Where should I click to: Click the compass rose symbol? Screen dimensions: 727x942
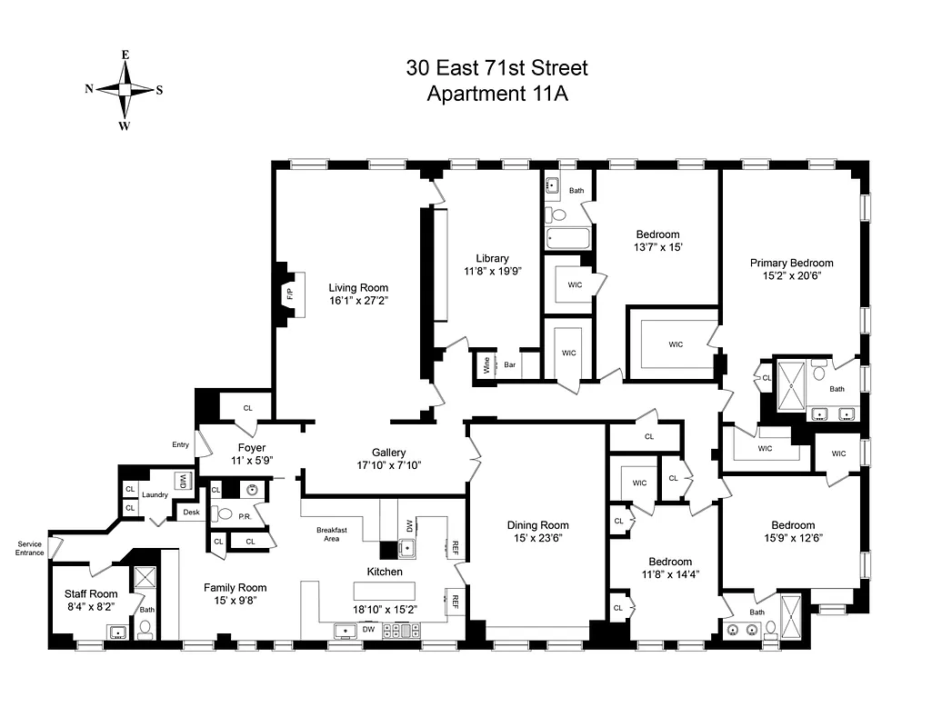click(125, 89)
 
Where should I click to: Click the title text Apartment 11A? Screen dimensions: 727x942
click(497, 94)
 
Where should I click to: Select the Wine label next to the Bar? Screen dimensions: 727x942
click(486, 366)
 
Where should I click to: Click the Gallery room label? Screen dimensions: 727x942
click(388, 452)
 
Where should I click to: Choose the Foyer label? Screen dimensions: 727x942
click(251, 447)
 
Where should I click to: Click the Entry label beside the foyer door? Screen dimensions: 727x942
click(180, 444)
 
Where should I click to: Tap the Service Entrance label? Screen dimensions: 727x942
click(30, 548)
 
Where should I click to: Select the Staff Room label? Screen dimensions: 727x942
click(91, 593)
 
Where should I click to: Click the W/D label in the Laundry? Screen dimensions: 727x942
click(182, 480)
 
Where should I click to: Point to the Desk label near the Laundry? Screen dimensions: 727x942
click(190, 513)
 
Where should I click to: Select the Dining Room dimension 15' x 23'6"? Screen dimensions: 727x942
click(537, 539)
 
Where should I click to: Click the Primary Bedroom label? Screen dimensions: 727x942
click(791, 263)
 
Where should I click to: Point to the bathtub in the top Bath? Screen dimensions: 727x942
click(567, 240)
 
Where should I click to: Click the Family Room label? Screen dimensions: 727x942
click(235, 587)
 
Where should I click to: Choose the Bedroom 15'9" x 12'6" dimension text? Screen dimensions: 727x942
click(793, 539)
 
